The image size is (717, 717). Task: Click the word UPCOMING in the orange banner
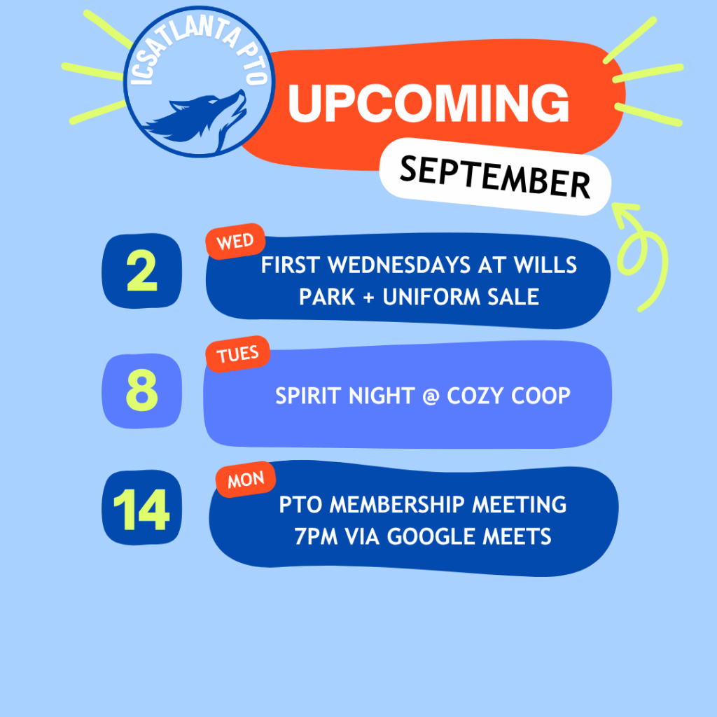(x=429, y=104)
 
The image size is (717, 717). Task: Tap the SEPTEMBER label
(x=495, y=177)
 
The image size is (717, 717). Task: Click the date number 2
(x=141, y=271)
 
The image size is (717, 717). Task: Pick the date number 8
(x=141, y=390)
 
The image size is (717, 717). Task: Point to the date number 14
(x=141, y=510)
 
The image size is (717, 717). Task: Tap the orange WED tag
(x=235, y=241)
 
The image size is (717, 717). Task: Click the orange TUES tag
(x=237, y=354)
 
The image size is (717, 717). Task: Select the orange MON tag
(x=246, y=479)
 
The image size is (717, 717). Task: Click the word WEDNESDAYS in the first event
(x=399, y=265)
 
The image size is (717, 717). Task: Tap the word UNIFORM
(x=431, y=297)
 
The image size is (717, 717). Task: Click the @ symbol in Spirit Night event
(x=431, y=396)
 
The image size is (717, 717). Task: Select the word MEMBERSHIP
(x=397, y=505)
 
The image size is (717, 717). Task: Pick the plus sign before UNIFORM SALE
(x=368, y=298)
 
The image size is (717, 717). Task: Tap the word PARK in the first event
(x=327, y=297)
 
